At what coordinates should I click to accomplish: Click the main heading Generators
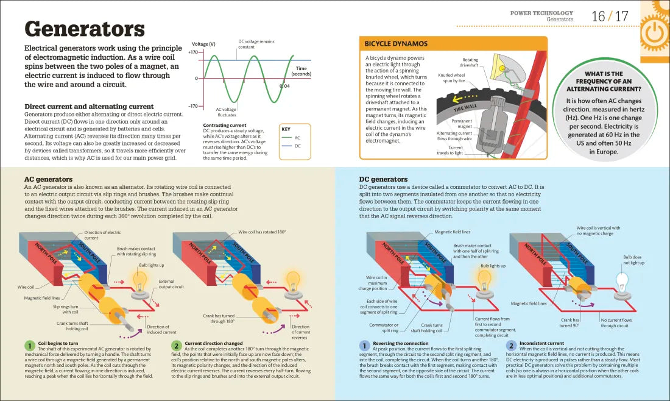[x=84, y=29]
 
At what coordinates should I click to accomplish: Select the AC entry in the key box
[x=298, y=138]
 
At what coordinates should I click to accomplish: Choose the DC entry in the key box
[x=298, y=146]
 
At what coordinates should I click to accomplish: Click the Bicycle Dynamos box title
[x=396, y=44]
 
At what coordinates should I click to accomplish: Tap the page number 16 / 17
[x=610, y=16]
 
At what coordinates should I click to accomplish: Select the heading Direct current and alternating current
[x=88, y=107]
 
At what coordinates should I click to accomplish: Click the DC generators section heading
[x=384, y=179]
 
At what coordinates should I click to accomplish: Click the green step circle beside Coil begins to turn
[x=29, y=346]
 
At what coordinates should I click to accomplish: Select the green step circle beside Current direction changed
[x=176, y=346]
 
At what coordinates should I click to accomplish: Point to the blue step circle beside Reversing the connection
[x=364, y=346]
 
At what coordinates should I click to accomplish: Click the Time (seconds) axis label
[x=301, y=71]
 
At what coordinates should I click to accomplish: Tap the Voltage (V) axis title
[x=203, y=44]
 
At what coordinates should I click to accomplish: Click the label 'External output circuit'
[x=171, y=283]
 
